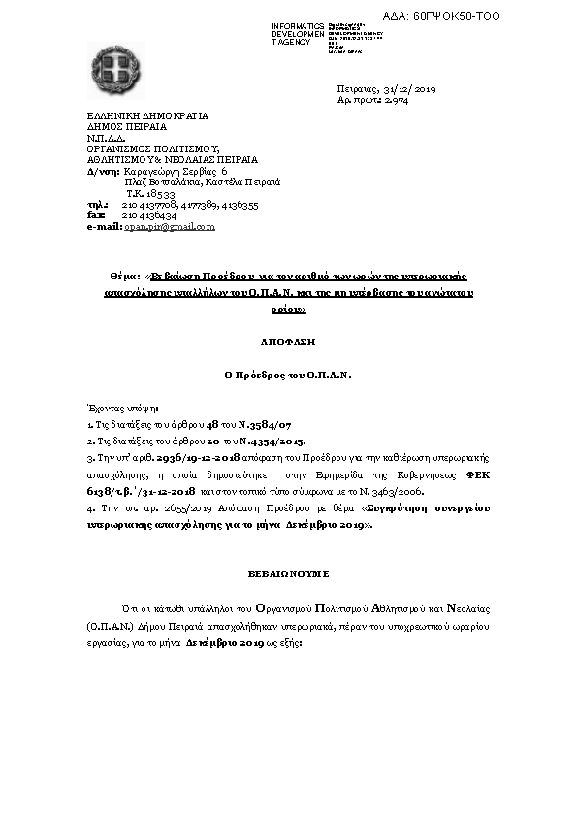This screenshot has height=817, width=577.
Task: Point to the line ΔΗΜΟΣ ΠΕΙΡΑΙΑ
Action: (126, 126)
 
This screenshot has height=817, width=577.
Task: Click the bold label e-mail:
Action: (105, 226)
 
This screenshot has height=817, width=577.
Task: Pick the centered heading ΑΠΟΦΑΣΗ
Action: (288, 342)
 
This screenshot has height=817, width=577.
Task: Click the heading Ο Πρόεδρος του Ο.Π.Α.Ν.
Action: (288, 374)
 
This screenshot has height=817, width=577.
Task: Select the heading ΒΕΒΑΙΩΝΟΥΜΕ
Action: (288, 572)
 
